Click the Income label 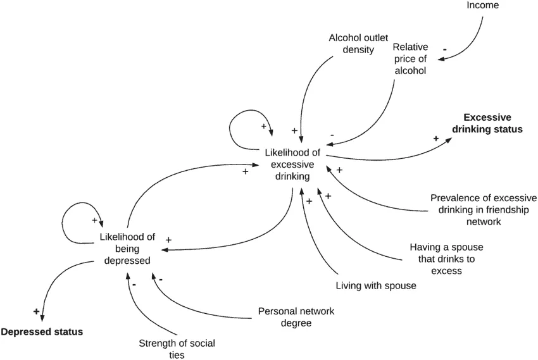click(x=483, y=6)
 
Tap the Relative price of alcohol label click(x=410, y=59)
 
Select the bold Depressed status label click(x=42, y=332)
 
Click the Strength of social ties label click(x=177, y=349)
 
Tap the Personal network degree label click(x=296, y=317)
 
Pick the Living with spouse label click(x=376, y=285)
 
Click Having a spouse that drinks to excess click(x=446, y=259)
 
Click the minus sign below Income click(x=445, y=48)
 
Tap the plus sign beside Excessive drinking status click(x=435, y=138)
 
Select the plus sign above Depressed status click(x=36, y=311)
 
